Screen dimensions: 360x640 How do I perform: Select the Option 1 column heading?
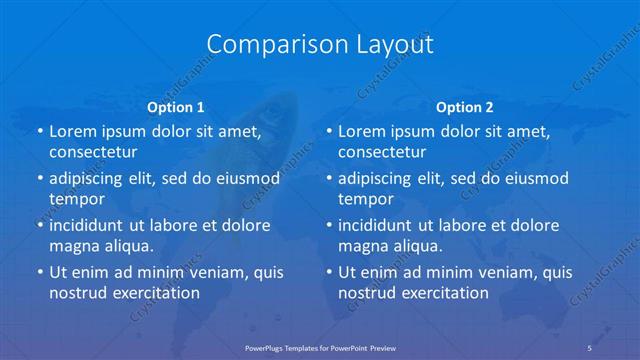pos(176,106)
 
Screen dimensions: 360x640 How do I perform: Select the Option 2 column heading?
pos(465,106)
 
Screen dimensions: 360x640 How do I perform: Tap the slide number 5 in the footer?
pos(590,346)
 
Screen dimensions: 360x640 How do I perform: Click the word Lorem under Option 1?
pos(72,131)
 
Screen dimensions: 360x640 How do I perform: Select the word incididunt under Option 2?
pos(378,225)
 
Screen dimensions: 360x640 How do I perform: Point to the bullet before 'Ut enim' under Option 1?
pos(40,272)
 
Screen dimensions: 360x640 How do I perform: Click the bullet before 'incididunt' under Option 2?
pos(329,225)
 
